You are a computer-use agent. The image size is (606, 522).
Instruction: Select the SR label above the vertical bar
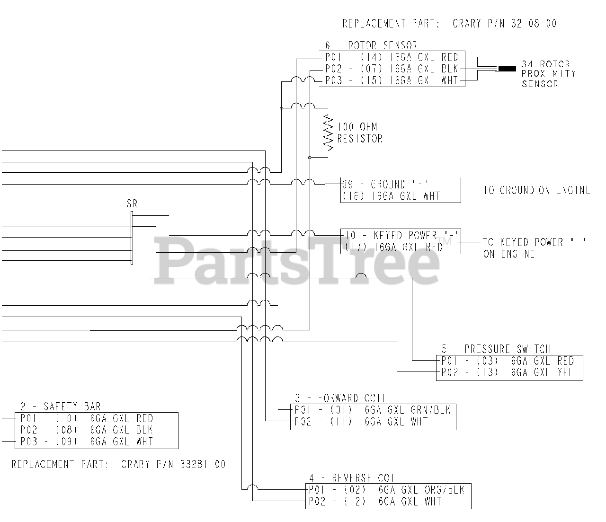click(x=132, y=204)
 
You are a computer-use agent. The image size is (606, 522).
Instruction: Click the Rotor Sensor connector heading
click(x=371, y=46)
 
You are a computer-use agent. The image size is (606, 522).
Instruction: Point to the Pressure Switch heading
click(x=496, y=349)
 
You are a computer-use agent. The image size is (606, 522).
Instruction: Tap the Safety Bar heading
click(x=61, y=407)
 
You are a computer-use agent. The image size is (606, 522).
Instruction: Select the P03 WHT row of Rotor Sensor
click(x=392, y=81)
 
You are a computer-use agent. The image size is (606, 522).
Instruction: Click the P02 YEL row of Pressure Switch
click(x=508, y=373)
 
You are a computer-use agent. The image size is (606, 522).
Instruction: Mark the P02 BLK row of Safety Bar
click(x=87, y=430)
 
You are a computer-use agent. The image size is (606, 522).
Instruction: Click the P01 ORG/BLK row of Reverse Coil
click(x=386, y=490)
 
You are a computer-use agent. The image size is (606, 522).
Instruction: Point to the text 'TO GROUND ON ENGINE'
click(x=536, y=190)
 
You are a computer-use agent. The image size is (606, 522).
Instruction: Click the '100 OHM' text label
click(x=357, y=127)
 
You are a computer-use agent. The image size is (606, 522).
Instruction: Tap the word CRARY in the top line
click(x=467, y=23)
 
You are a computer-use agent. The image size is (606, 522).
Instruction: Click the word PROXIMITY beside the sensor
click(x=549, y=74)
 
